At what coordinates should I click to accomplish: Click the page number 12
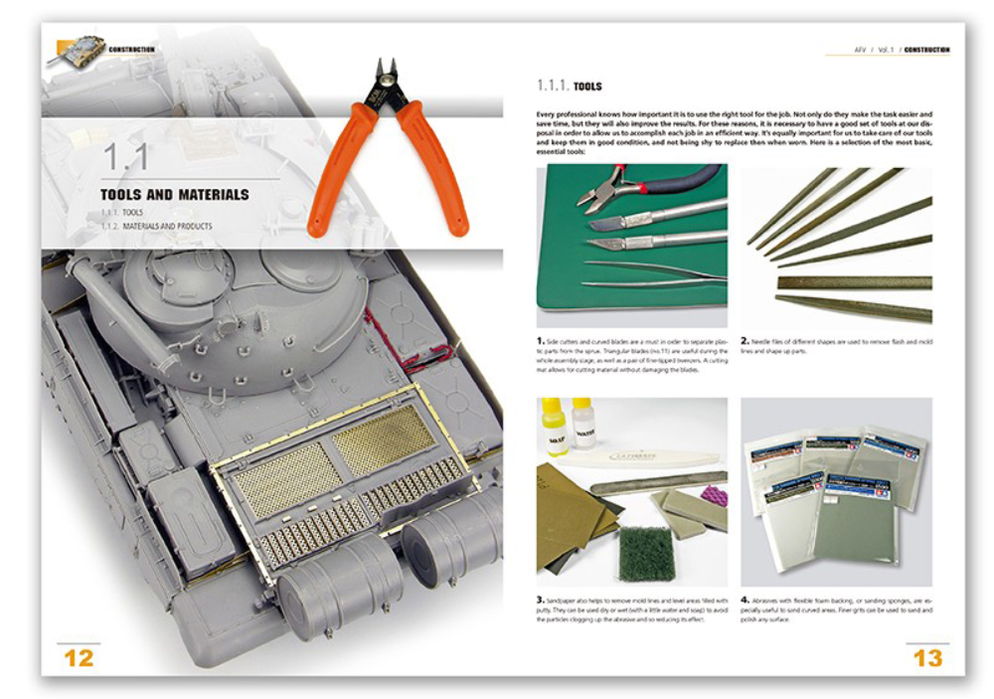pos(80,657)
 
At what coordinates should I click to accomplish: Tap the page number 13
pos(926,657)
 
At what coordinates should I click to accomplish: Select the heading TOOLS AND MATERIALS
pos(174,194)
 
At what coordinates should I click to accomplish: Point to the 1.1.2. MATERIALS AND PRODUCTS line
pos(156,227)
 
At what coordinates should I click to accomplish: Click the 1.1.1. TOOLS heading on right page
pos(569,86)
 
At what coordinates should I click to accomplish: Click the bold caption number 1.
pos(541,341)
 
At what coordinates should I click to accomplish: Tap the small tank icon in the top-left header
pos(78,49)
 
